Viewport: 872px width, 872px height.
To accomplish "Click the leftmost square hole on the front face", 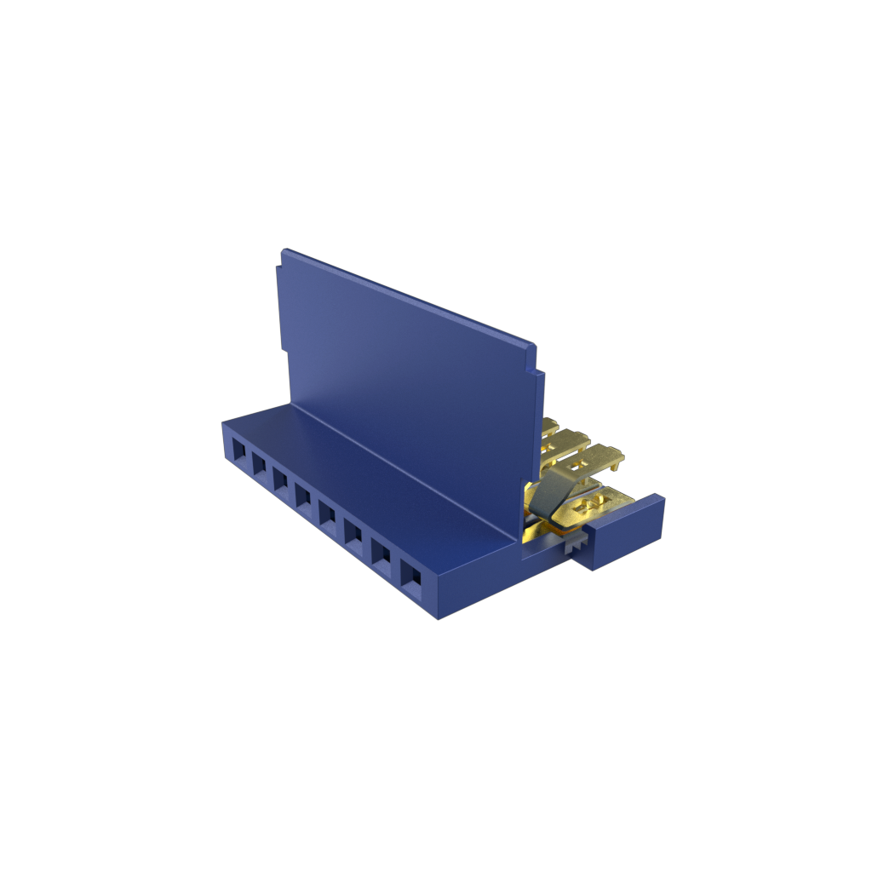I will [x=239, y=449].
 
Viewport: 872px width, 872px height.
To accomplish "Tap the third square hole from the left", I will [x=281, y=479].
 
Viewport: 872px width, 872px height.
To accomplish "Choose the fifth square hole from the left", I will [x=327, y=514].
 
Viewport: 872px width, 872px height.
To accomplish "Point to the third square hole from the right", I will [x=353, y=534].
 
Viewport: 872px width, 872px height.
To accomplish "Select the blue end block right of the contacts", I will [x=628, y=533].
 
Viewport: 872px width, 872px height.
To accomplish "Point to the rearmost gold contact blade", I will [x=550, y=426].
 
